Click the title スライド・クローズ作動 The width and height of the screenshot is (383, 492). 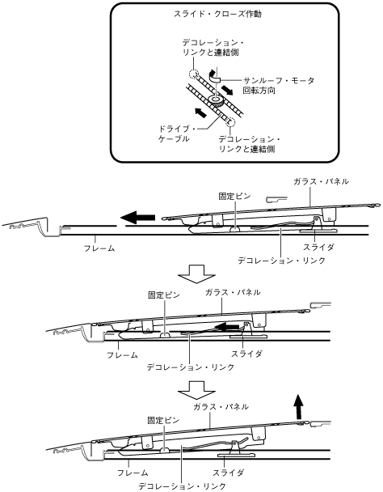217,14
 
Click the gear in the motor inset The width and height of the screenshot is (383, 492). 215,101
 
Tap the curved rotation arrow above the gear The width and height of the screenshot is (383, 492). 214,76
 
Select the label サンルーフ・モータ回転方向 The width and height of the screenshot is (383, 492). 279,86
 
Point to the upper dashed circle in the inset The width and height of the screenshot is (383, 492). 193,74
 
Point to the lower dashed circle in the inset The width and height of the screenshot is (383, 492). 230,121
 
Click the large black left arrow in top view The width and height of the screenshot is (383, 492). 138,217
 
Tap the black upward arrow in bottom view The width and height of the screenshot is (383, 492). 299,407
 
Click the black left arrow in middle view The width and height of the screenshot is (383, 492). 227,327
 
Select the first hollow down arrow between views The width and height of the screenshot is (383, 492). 196,274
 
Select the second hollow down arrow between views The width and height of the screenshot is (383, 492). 196,390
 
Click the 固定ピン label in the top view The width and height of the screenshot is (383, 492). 235,197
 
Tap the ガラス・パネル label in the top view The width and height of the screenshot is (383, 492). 321,181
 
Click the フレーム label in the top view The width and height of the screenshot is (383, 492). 99,248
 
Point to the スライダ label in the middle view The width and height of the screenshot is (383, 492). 246,354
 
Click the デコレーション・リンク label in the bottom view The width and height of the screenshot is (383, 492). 182,486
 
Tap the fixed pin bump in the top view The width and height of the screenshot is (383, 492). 235,229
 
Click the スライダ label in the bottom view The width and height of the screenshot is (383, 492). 228,473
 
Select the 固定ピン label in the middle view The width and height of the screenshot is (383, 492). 164,295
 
